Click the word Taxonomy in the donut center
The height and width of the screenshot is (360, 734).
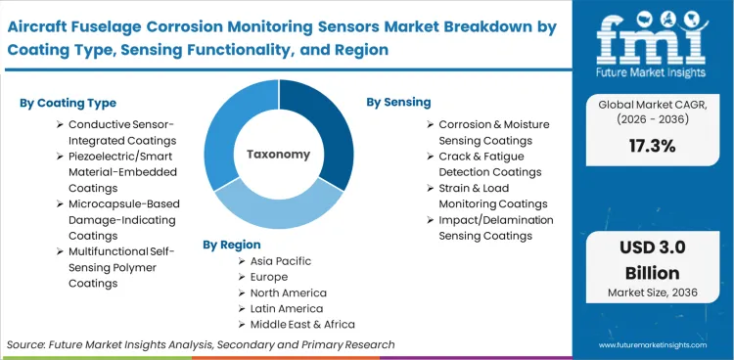tap(279, 154)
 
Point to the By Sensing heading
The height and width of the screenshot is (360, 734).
tap(398, 102)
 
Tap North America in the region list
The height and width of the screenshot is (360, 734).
tap(290, 292)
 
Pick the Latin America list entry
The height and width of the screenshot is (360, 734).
tap(287, 308)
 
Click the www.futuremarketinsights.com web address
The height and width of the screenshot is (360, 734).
tap(655, 344)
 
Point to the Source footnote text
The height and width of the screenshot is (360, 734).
tap(201, 344)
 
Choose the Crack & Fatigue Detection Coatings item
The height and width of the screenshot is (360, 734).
tap(489, 164)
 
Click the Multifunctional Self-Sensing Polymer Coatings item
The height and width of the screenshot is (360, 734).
tap(117, 267)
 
